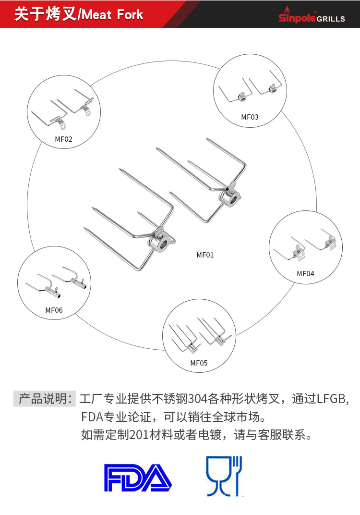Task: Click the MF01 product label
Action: [x=205, y=255]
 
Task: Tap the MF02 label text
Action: [x=63, y=139]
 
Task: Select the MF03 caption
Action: [x=250, y=117]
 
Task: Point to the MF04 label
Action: [x=305, y=274]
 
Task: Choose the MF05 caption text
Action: [x=199, y=363]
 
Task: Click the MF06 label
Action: [x=54, y=310]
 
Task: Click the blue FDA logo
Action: [x=138, y=478]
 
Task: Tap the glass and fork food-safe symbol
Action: [x=224, y=476]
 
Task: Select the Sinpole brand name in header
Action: [x=297, y=18]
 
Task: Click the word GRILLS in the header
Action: [x=331, y=19]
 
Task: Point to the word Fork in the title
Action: [x=130, y=15]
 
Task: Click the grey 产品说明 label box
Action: [x=45, y=399]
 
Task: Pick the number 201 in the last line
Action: [x=140, y=435]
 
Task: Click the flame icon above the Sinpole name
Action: [x=288, y=10]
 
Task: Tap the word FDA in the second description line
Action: [x=92, y=417]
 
